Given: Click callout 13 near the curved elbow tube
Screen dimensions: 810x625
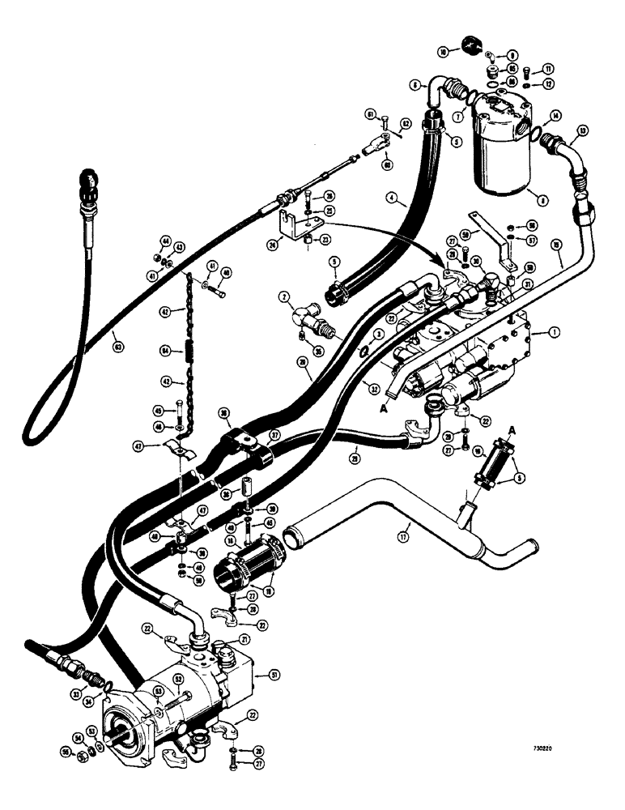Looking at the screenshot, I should tap(583, 130).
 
